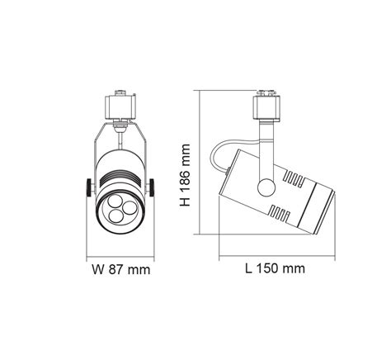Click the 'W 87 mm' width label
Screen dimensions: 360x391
120,269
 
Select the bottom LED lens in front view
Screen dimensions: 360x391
120,216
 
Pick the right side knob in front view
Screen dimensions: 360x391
154,188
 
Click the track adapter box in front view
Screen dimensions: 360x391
120,105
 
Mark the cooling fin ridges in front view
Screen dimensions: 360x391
120,176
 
